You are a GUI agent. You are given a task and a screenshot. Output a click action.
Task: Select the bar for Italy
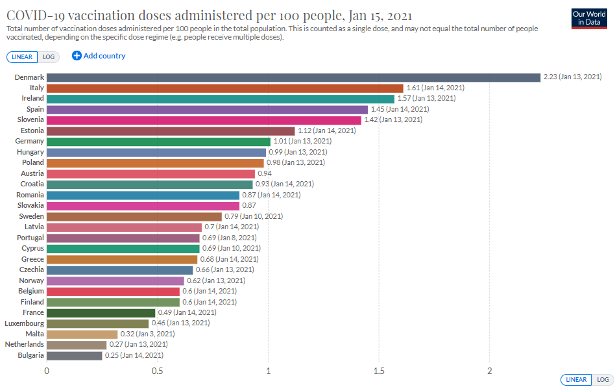[224, 88]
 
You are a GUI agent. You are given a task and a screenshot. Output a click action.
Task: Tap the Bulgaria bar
[74, 355]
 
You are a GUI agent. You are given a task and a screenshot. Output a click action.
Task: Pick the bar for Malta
[82, 334]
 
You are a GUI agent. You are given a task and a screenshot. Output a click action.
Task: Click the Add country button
[99, 56]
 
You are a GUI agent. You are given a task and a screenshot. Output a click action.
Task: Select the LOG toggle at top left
[49, 56]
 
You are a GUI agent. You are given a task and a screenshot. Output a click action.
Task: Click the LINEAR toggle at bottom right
[575, 380]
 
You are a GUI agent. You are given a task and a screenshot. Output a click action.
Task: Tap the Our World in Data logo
[589, 18]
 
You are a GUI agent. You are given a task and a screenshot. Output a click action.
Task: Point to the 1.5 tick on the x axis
[379, 371]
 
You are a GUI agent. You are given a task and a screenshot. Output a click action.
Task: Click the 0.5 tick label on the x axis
[158, 371]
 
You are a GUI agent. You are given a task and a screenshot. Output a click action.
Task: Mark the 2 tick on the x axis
[490, 371]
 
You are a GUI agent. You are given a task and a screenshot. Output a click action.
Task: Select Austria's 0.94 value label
[264, 173]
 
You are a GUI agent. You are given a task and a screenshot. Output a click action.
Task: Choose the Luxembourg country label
[24, 323]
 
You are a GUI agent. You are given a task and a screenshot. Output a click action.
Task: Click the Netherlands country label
[24, 344]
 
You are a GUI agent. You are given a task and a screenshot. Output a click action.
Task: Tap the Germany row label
[29, 141]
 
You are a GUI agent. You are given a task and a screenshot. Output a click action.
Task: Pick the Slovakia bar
[143, 205]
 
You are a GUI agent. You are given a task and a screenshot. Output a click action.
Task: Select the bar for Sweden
[134, 216]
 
